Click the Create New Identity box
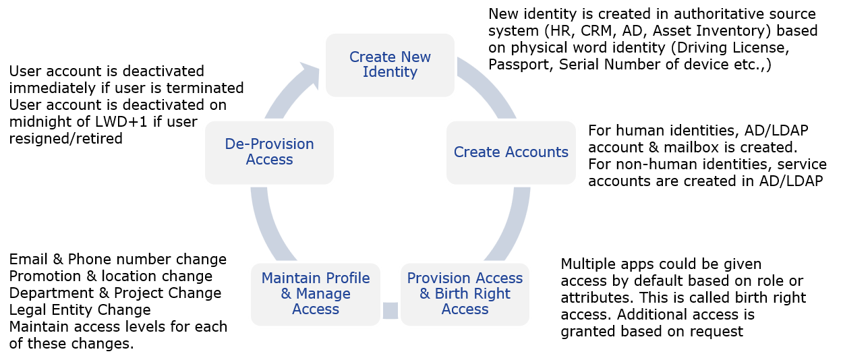pyautogui.click(x=390, y=65)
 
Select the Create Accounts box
pyautogui.click(x=511, y=152)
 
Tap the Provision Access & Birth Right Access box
pyautogui.click(x=465, y=295)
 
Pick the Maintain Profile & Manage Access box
pyautogui.click(x=316, y=295)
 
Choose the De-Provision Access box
pyautogui.click(x=269, y=152)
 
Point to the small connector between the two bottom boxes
pyautogui.click(x=390, y=310)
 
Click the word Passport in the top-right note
pyautogui.click(x=519, y=65)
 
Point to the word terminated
pyautogui.click(x=205, y=88)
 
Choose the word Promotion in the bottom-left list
pyautogui.click(x=45, y=276)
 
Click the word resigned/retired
pyautogui.click(x=65, y=139)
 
